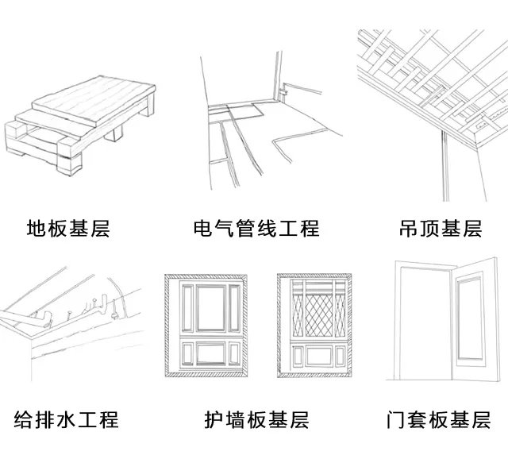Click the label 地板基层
tap(67, 229)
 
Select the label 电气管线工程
tap(256, 229)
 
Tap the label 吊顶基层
tap(440, 229)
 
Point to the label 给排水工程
tap(67, 418)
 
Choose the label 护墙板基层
tap(256, 418)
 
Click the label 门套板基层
tap(440, 418)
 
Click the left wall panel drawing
tap(205, 326)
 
